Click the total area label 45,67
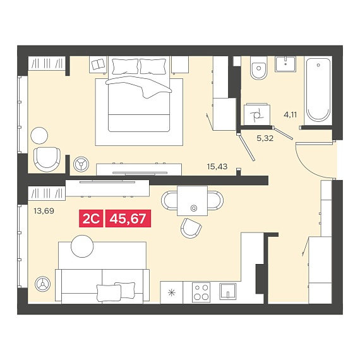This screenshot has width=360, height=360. tap(128, 219)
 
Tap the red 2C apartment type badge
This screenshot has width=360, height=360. tap(91, 219)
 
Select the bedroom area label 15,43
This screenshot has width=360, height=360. tap(217, 167)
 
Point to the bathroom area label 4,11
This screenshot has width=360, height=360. tap(290, 114)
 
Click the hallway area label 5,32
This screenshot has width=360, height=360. tap(265, 138)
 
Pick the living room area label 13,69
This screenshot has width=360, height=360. tap(44, 210)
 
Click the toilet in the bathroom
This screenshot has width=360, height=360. tap(259, 68)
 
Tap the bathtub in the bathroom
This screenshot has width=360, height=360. tap(318, 90)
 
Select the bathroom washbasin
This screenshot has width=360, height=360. tap(285, 64)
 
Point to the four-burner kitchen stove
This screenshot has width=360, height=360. tap(201, 292)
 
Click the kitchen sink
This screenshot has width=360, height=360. tap(228, 291)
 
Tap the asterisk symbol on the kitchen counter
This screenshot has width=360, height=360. tap(172, 292)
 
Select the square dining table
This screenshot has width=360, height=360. tap(192, 201)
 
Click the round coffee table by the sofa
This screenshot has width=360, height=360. tap(82, 246)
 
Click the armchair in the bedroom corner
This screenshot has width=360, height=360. tap(47, 159)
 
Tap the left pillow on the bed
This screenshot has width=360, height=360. tap(125, 66)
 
